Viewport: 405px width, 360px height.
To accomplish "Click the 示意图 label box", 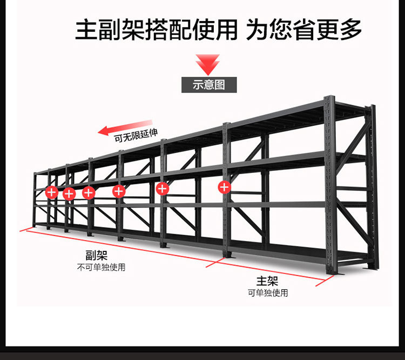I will pyautogui.click(x=208, y=85).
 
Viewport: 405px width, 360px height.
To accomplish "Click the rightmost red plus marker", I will pyautogui.click(x=225, y=188).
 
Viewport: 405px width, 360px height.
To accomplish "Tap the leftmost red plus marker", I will pyautogui.click(x=51, y=191).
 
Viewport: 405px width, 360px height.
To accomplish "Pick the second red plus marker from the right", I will pyautogui.click(x=162, y=189).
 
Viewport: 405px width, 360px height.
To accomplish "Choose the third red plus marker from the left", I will pyautogui.click(x=89, y=192).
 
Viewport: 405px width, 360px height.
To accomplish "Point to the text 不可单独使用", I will pyautogui.click(x=101, y=268).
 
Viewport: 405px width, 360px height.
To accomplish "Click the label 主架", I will pyautogui.click(x=267, y=281).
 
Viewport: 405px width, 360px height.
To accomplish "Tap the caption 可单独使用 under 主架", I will pyautogui.click(x=268, y=293).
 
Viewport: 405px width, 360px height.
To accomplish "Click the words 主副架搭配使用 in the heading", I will pyautogui.click(x=156, y=29).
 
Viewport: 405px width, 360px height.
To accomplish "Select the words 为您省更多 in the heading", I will pyautogui.click(x=304, y=29).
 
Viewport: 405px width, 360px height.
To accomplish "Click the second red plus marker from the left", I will pyautogui.click(x=69, y=194).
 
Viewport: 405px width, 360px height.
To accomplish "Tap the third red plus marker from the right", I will pyautogui.click(x=119, y=191).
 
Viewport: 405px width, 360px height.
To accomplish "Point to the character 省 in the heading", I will pyautogui.click(x=304, y=29).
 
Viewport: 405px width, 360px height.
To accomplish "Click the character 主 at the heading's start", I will pyautogui.click(x=86, y=29).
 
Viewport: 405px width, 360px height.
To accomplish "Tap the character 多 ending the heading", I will pyautogui.click(x=350, y=29).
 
